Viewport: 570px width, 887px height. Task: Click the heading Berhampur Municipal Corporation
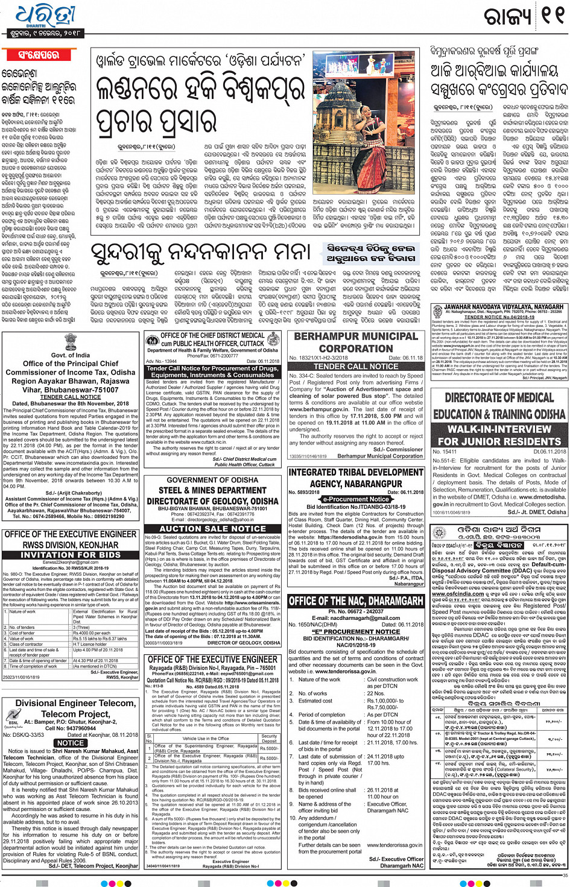click(356, 342)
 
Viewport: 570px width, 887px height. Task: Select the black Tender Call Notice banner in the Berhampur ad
click(356, 366)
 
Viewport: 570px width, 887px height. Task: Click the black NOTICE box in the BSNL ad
click(71, 743)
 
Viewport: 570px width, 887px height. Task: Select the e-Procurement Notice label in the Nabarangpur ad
click(356, 499)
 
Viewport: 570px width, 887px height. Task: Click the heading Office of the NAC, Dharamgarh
click(356, 601)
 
